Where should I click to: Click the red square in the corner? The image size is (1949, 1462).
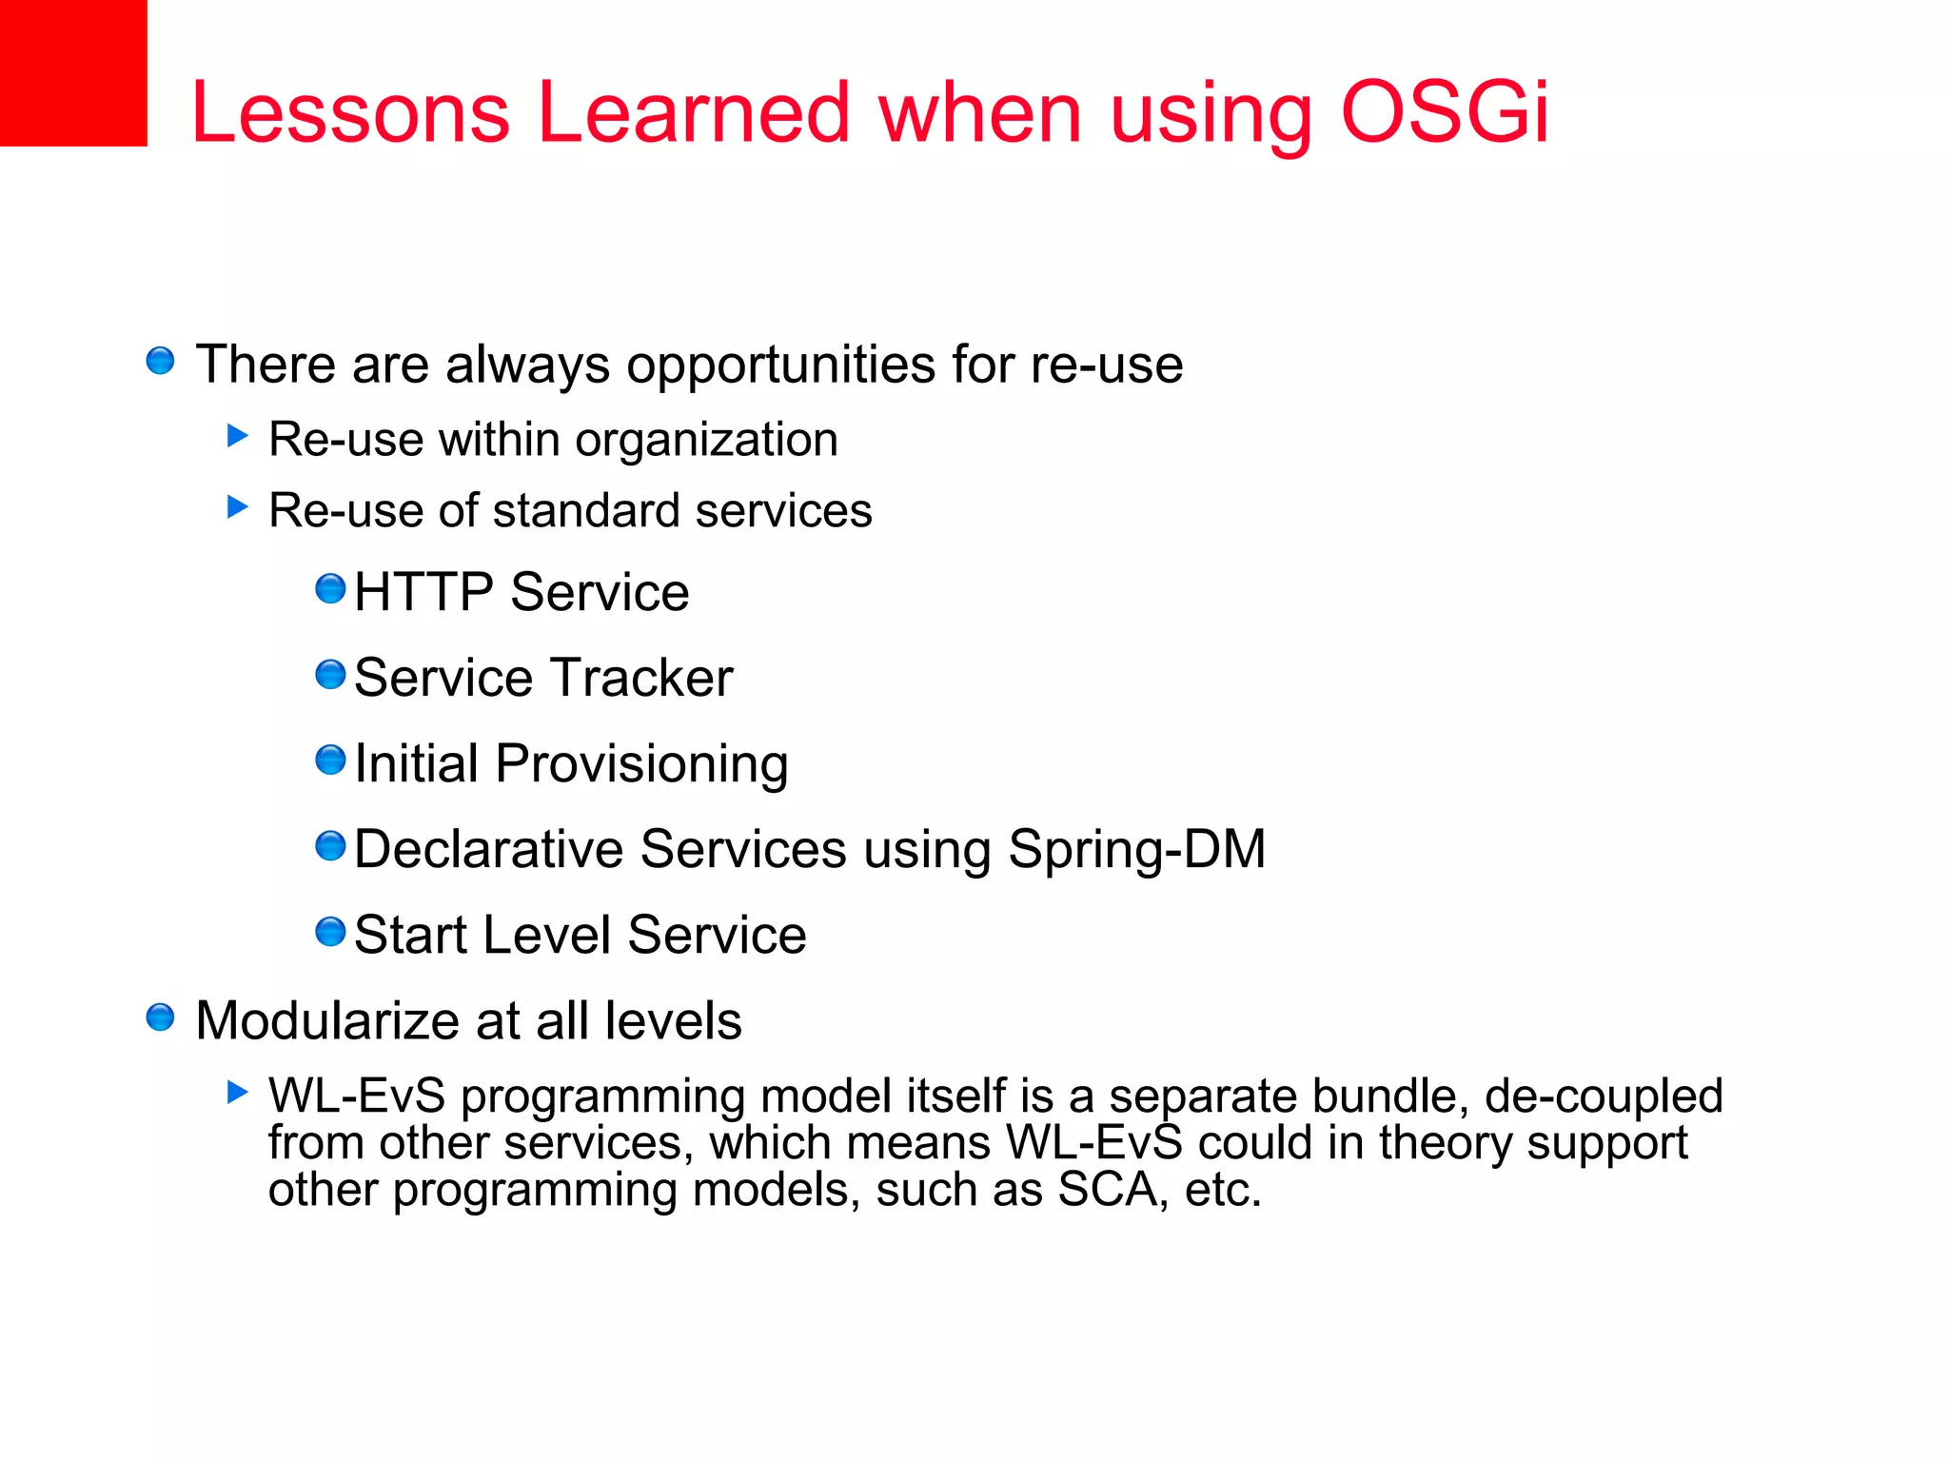[x=72, y=72]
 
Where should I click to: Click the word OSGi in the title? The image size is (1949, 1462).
[x=1445, y=112]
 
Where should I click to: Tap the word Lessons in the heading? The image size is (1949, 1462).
[x=350, y=112]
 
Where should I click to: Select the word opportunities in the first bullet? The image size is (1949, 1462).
[x=780, y=365]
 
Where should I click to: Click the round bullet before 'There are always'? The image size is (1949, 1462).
[x=160, y=361]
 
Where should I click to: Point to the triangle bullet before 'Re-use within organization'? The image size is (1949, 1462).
[x=238, y=436]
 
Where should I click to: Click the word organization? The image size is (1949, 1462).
[x=706, y=440]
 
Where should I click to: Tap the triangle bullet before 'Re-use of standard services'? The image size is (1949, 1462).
[x=238, y=506]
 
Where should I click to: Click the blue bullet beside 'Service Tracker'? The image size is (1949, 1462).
[x=330, y=675]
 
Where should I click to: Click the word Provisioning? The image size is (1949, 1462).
[x=641, y=764]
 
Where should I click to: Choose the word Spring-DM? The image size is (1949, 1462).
[x=1136, y=849]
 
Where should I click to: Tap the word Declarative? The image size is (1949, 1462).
[x=489, y=849]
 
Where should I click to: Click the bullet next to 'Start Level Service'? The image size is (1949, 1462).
[x=330, y=932]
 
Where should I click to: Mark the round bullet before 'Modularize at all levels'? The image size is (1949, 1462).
[x=160, y=1017]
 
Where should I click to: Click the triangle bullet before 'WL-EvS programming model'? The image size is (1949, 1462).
[x=238, y=1092]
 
